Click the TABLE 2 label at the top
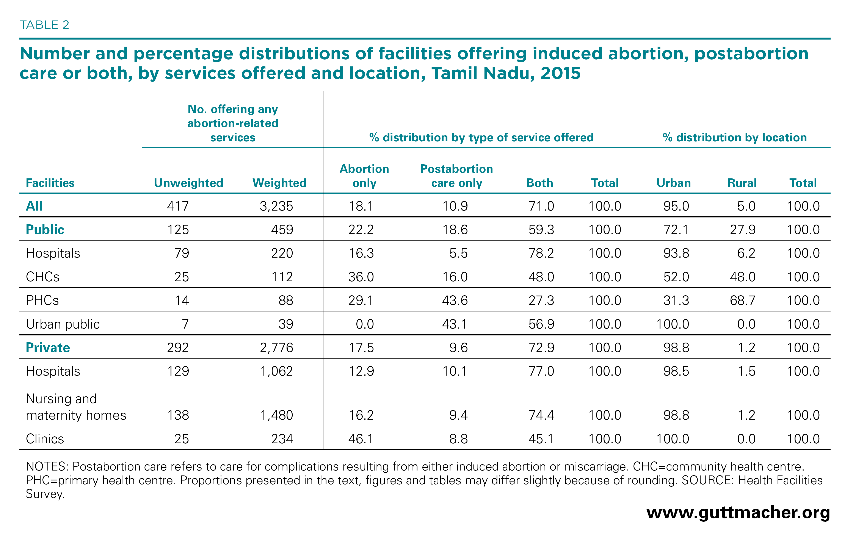point(44,25)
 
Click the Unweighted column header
point(188,183)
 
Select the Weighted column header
point(279,183)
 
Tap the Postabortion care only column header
point(457,176)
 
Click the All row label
point(34,206)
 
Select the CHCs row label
point(42,277)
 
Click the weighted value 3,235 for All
point(276,206)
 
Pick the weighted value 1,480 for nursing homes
point(277,415)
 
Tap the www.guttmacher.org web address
point(738,513)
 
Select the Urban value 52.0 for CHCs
point(676,277)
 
